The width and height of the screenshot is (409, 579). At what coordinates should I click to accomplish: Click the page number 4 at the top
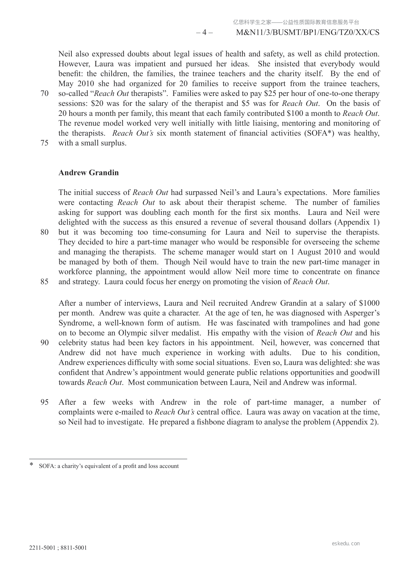point(204,33)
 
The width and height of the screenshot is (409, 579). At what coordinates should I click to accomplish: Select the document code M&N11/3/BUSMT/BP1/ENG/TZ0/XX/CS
point(308,33)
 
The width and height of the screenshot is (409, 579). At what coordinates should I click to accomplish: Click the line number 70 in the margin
point(44,94)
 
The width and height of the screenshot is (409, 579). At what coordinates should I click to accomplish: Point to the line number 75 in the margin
point(44,143)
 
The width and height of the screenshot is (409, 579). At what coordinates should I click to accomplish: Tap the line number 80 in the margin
point(44,232)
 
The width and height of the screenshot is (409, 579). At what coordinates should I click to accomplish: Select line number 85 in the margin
point(44,282)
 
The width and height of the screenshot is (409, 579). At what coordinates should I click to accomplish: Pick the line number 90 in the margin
point(44,343)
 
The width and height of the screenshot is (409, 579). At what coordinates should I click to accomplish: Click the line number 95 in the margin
point(44,402)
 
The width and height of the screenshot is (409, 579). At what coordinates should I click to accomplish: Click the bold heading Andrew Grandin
point(89,173)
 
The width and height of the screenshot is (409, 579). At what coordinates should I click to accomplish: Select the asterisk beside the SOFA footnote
point(32,465)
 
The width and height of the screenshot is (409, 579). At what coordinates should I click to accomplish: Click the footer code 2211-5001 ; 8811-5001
point(58,548)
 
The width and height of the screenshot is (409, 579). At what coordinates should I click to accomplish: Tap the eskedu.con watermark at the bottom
point(346,544)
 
